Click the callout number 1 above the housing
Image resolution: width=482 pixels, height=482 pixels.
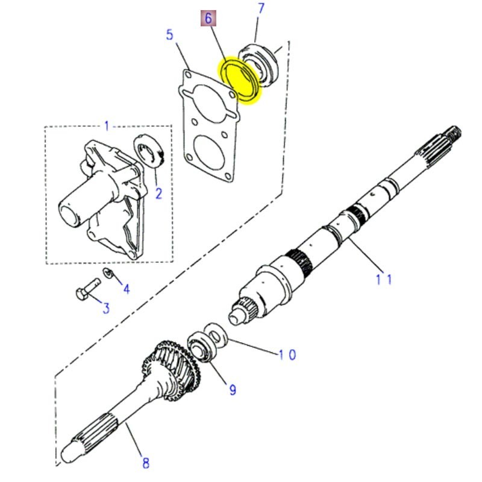(107, 126)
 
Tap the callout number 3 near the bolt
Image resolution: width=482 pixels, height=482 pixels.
(105, 308)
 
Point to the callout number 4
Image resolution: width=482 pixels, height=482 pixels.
(126, 289)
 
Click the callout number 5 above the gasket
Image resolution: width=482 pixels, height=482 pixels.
(170, 36)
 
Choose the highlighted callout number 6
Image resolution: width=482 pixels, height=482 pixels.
(208, 19)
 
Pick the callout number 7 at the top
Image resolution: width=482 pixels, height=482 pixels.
(260, 8)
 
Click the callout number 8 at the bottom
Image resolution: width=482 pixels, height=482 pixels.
(145, 463)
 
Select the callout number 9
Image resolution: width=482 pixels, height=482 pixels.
(233, 390)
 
